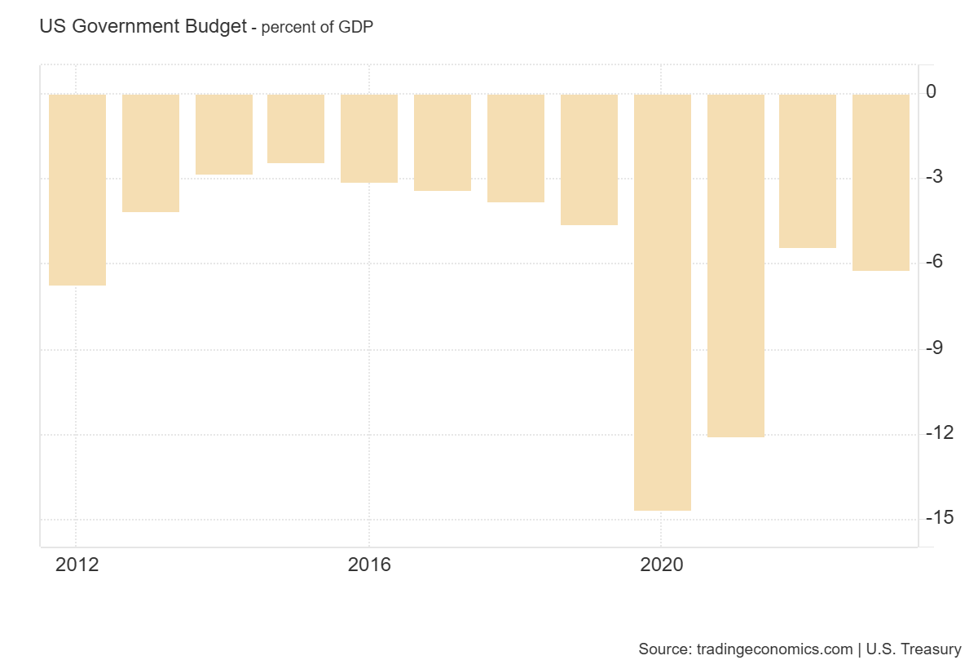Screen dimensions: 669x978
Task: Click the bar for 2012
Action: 77,189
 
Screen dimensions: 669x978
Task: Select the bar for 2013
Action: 151,153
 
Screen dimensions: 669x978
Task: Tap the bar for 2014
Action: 224,134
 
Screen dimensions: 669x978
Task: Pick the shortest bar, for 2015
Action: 296,128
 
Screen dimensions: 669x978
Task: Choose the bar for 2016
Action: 369,138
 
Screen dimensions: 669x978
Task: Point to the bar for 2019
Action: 589,159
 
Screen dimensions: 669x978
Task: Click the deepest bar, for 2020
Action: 663,302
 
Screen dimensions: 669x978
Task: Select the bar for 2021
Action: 736,265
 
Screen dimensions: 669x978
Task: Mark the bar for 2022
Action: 808,171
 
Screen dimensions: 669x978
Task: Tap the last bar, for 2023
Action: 881,182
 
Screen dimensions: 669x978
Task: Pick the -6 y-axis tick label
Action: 934,262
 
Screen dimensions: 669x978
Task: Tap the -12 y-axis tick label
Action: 939,432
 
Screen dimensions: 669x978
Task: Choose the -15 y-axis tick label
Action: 939,518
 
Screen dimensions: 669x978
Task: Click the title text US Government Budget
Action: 143,27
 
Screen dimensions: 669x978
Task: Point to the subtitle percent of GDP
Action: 317,28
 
